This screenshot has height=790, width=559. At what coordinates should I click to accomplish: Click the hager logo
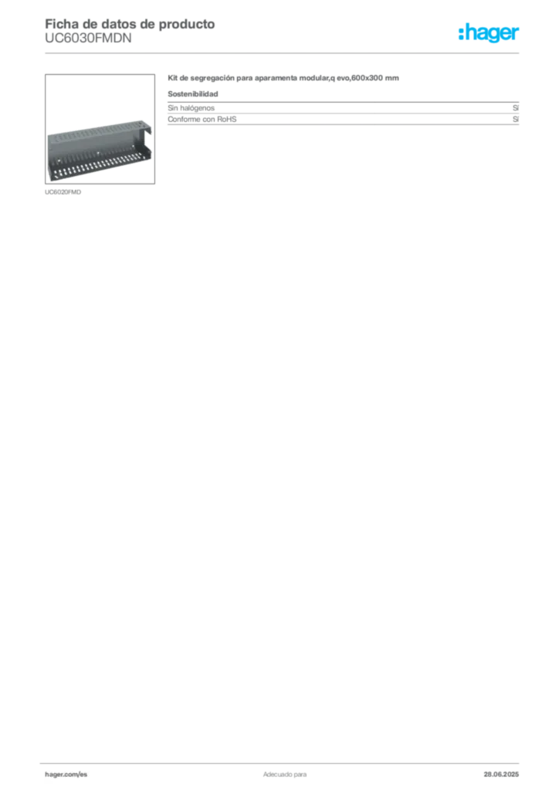coord(489,32)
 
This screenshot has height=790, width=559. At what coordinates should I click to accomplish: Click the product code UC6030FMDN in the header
coord(88,39)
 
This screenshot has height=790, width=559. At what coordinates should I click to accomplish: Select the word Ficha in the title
coord(59,24)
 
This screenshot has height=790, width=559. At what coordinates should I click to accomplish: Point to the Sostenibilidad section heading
coord(192,93)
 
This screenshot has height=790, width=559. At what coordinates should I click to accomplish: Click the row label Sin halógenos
coord(191,108)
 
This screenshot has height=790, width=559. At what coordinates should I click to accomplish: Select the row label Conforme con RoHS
coord(202,120)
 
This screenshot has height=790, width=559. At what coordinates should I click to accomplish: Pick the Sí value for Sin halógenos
coord(516,108)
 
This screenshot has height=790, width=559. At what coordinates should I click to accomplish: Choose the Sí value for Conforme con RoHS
coord(516,120)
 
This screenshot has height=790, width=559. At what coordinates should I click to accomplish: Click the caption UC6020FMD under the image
coord(63,192)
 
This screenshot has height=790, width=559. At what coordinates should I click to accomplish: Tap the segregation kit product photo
coord(100,150)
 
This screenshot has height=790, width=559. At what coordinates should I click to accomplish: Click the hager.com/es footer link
coord(66,775)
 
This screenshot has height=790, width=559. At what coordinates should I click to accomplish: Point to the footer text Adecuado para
coord(285,775)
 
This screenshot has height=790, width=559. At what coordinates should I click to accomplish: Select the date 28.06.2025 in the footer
coord(501,775)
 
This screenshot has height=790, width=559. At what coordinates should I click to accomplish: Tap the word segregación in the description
coord(212,78)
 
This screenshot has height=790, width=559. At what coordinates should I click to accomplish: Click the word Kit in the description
coord(172,78)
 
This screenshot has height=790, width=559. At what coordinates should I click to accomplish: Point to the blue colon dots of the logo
coord(461,32)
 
